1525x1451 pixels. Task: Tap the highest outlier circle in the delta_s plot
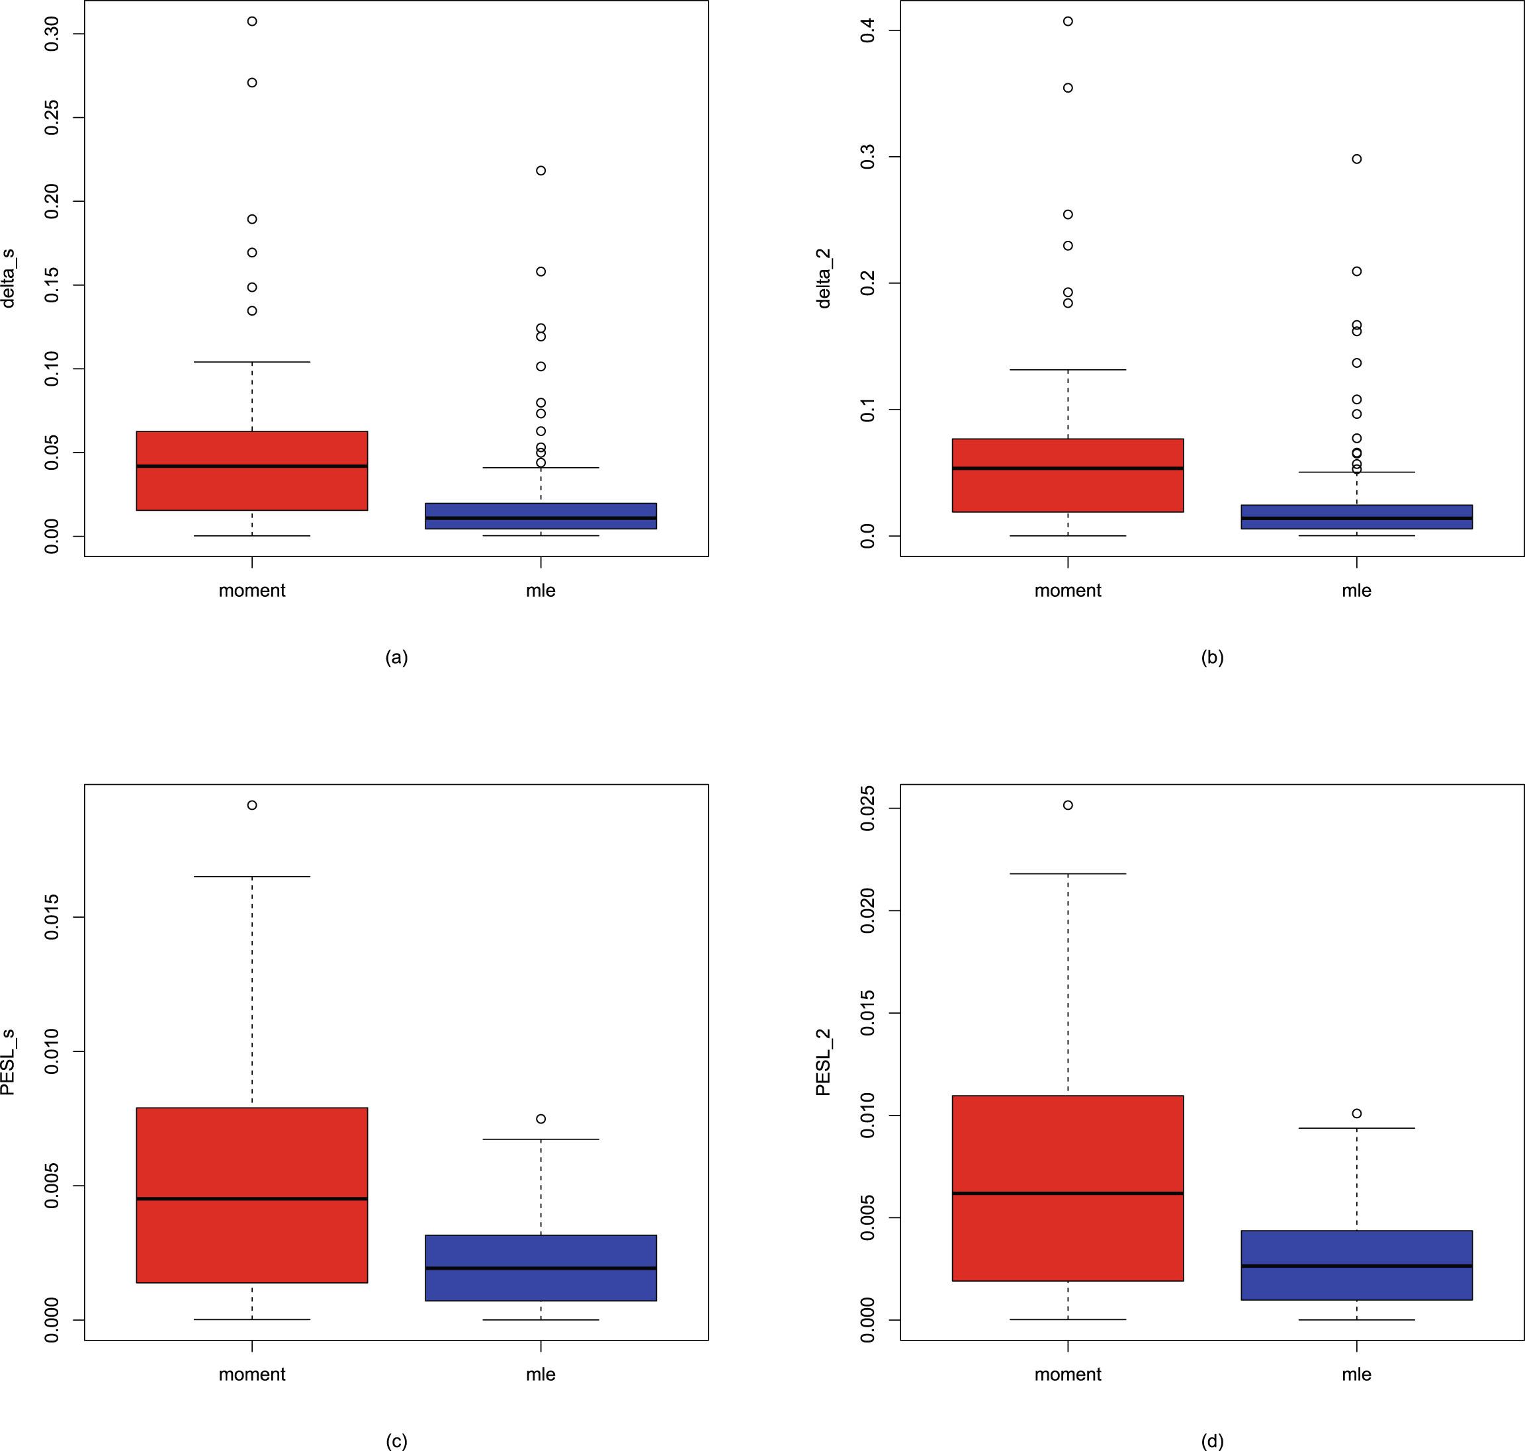252,21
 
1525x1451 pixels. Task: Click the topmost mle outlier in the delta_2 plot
1356,159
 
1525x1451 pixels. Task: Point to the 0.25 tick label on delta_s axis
52,118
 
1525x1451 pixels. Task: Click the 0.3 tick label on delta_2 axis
867,157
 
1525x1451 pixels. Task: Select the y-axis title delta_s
9,279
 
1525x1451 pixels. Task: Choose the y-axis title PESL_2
824,1061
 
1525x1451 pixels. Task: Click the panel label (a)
396,658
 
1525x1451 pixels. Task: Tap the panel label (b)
1212,658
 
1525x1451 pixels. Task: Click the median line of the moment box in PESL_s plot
251,1198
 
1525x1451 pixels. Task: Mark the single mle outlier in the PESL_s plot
541,1118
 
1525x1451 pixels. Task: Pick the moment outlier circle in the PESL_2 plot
1068,805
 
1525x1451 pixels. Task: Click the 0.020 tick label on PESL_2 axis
867,910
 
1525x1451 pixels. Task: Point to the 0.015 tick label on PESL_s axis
52,916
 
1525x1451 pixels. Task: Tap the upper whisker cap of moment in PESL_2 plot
1068,873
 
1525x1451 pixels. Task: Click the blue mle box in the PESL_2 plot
1356,1264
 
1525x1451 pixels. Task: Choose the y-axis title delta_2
824,279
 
